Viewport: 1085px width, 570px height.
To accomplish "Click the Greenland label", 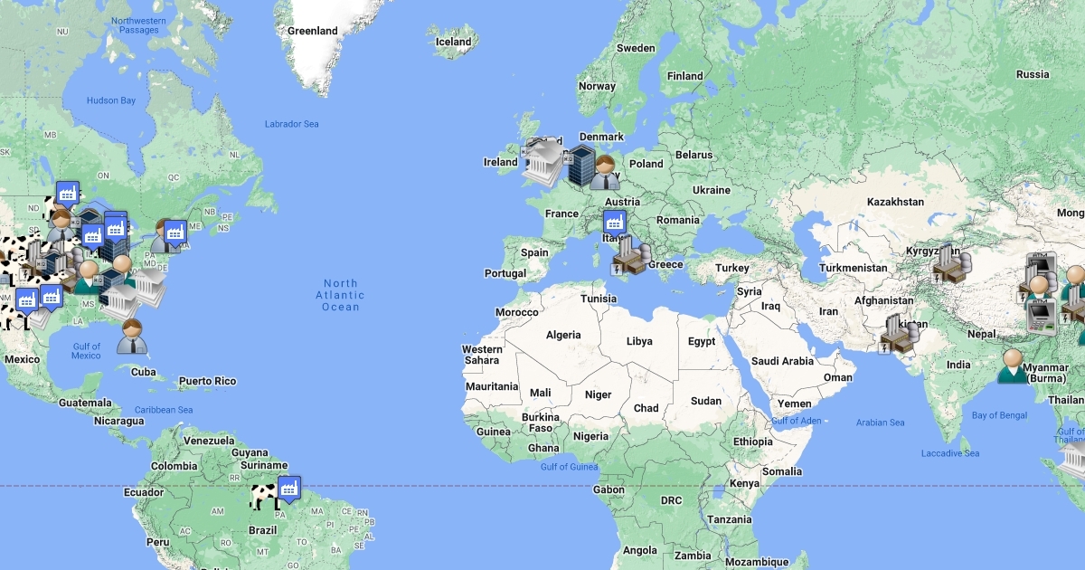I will click(312, 31).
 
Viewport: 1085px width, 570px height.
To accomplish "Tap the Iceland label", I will click(453, 42).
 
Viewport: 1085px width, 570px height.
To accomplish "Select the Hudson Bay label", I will click(110, 100).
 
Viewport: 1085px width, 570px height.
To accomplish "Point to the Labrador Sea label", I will click(291, 124).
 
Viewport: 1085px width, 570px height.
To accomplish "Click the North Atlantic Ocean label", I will click(340, 295).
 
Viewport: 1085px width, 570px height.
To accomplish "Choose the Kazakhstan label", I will click(895, 202).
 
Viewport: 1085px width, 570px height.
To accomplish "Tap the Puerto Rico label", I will click(207, 382).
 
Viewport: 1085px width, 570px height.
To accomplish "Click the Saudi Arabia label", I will click(782, 361).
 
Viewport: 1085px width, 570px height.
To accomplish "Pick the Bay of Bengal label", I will click(998, 415).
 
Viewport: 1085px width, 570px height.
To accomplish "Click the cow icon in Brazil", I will click(263, 496).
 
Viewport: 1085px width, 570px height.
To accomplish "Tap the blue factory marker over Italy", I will click(615, 223).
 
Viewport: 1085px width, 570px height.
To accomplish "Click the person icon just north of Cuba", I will click(133, 336).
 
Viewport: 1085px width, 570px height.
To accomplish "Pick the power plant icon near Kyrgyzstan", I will click(949, 263).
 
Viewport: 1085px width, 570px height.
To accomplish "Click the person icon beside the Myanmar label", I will click(1013, 366).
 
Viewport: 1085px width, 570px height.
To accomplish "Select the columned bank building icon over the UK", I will click(544, 163).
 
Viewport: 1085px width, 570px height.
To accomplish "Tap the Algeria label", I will click(563, 336).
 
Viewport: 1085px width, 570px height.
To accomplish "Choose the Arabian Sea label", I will click(880, 423).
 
